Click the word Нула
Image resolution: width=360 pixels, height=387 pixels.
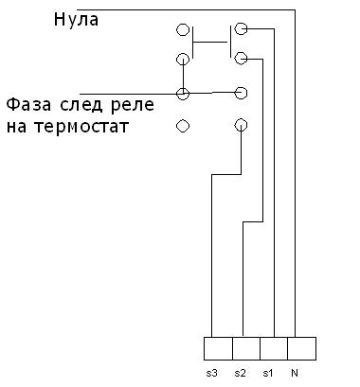click(x=75, y=18)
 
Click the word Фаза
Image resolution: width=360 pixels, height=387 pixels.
click(x=29, y=102)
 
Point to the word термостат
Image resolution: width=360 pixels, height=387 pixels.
click(x=81, y=125)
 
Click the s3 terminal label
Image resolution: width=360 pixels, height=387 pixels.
click(x=210, y=373)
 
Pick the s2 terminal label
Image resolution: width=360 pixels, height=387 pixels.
click(x=241, y=373)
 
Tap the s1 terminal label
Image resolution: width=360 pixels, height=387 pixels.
click(x=268, y=373)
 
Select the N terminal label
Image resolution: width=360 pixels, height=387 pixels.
click(x=296, y=373)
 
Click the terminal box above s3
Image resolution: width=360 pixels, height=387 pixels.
click(x=217, y=346)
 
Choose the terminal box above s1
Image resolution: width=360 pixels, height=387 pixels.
click(x=273, y=346)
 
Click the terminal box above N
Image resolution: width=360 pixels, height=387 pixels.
click(x=300, y=346)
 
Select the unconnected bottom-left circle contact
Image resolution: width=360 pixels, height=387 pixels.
click(x=183, y=125)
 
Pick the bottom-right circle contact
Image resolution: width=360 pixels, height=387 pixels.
click(x=241, y=125)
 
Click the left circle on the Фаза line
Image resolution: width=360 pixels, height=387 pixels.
click(x=183, y=93)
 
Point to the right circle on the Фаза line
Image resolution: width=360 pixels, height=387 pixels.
click(x=241, y=93)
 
